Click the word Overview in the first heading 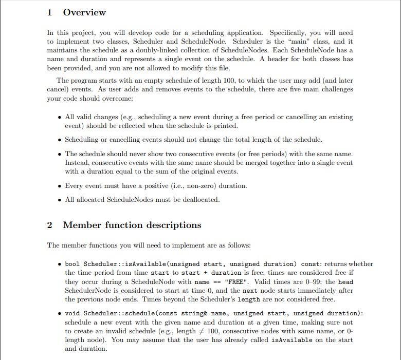(84, 12)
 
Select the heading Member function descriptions (132, 225)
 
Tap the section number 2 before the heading (50, 225)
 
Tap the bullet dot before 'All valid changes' (60, 117)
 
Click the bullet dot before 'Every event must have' (60, 185)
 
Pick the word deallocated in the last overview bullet (200, 199)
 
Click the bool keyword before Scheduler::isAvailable (72, 264)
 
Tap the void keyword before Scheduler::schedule (72, 313)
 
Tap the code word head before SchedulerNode (346, 282)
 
